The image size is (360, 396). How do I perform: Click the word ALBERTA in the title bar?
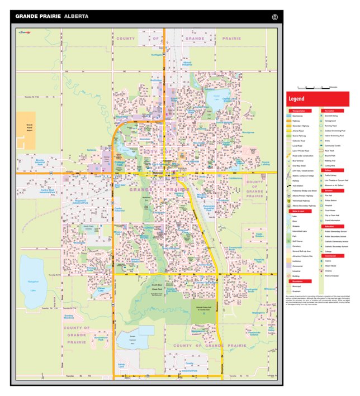(x=76, y=16)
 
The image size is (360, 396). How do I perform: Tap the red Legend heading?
(x=297, y=99)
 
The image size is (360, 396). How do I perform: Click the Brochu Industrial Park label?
(x=41, y=162)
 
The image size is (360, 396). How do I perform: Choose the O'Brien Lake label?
(x=101, y=290)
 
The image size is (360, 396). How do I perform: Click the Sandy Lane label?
(x=122, y=365)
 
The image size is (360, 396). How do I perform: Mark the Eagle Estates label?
(x=259, y=235)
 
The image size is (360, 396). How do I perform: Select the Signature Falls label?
(x=258, y=260)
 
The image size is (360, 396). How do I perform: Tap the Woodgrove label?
(x=248, y=132)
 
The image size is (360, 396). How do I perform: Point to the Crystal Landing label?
(x=266, y=163)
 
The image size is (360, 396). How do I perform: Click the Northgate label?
(x=156, y=55)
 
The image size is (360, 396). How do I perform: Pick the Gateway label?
(x=92, y=150)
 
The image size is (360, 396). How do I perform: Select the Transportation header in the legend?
(x=299, y=111)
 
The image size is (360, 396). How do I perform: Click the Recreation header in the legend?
(x=330, y=111)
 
